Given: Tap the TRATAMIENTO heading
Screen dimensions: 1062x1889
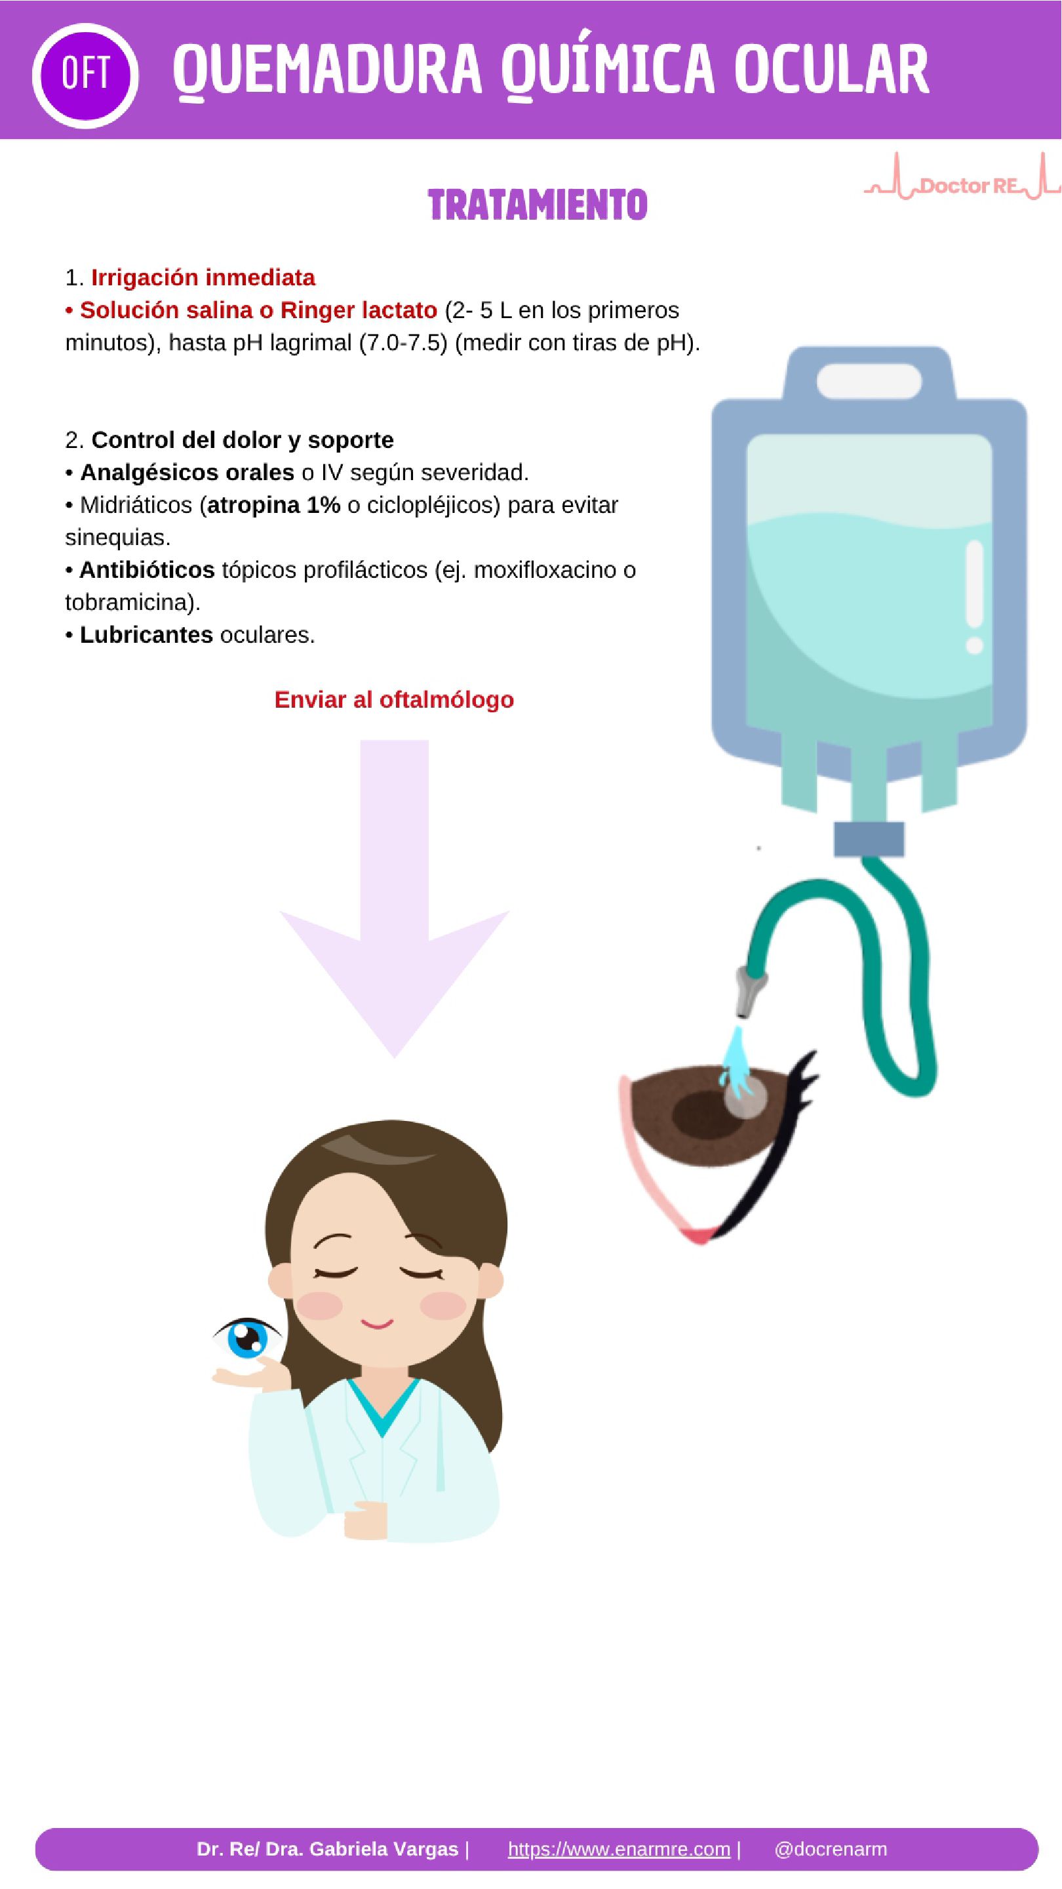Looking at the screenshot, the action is click(x=538, y=205).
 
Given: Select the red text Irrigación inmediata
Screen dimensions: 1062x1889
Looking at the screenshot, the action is click(x=203, y=278).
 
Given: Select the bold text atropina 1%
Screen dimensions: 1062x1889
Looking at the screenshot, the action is click(x=273, y=505).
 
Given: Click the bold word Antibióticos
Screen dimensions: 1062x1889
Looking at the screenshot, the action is click(x=147, y=570).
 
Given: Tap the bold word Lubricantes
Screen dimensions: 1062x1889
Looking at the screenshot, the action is click(x=146, y=634).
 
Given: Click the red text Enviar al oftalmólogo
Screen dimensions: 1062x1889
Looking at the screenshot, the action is click(x=394, y=700).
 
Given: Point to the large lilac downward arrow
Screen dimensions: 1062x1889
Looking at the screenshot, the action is click(x=394, y=899).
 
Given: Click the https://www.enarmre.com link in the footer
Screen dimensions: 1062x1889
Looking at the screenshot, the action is click(x=619, y=1849).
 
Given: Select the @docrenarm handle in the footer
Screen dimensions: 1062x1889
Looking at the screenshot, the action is click(x=831, y=1849).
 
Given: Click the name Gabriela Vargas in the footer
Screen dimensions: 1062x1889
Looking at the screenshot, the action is click(x=384, y=1849).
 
